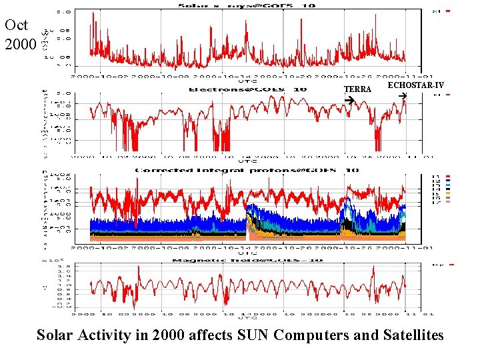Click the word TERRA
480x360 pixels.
pyautogui.click(x=357, y=89)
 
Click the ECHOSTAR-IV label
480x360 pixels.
pyautogui.click(x=415, y=85)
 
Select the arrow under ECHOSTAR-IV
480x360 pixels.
pyautogui.click(x=401, y=97)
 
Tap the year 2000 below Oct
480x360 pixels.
pyautogui.click(x=17, y=45)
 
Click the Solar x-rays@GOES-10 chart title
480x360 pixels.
pyautogui.click(x=246, y=6)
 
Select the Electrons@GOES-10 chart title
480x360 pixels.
pyautogui.click(x=247, y=89)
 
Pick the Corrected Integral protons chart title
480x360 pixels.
pyautogui.click(x=247, y=170)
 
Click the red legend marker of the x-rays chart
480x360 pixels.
pyautogui.click(x=449, y=11)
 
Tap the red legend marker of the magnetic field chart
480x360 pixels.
pyautogui.click(x=451, y=265)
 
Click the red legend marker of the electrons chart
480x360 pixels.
pyautogui.click(x=449, y=95)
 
